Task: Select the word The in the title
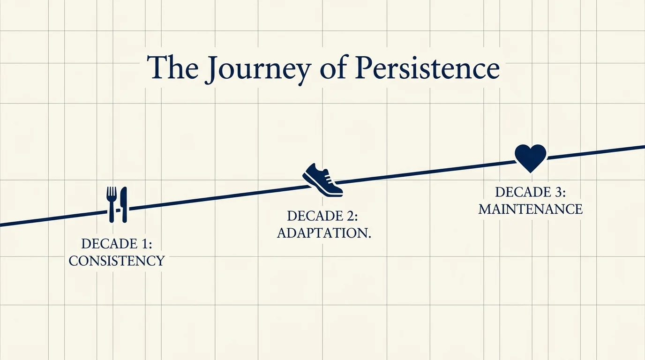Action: coord(172,68)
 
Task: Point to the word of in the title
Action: coord(330,69)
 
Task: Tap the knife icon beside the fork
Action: coord(123,204)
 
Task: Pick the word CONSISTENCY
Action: coord(117,261)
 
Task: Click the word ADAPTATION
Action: coord(322,233)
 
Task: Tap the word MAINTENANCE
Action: coord(530,209)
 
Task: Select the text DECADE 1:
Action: coord(117,244)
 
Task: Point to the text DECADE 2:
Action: coord(322,216)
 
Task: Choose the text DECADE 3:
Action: coord(531,192)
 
